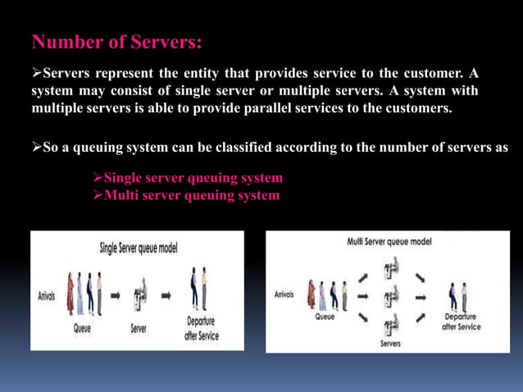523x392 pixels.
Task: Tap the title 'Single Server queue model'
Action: tap(139, 247)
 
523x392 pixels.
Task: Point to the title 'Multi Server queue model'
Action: tap(389, 242)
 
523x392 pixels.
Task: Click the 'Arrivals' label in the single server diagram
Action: tap(46, 296)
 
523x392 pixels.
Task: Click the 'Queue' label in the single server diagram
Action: tap(83, 330)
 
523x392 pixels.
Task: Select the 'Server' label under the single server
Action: tap(139, 330)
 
